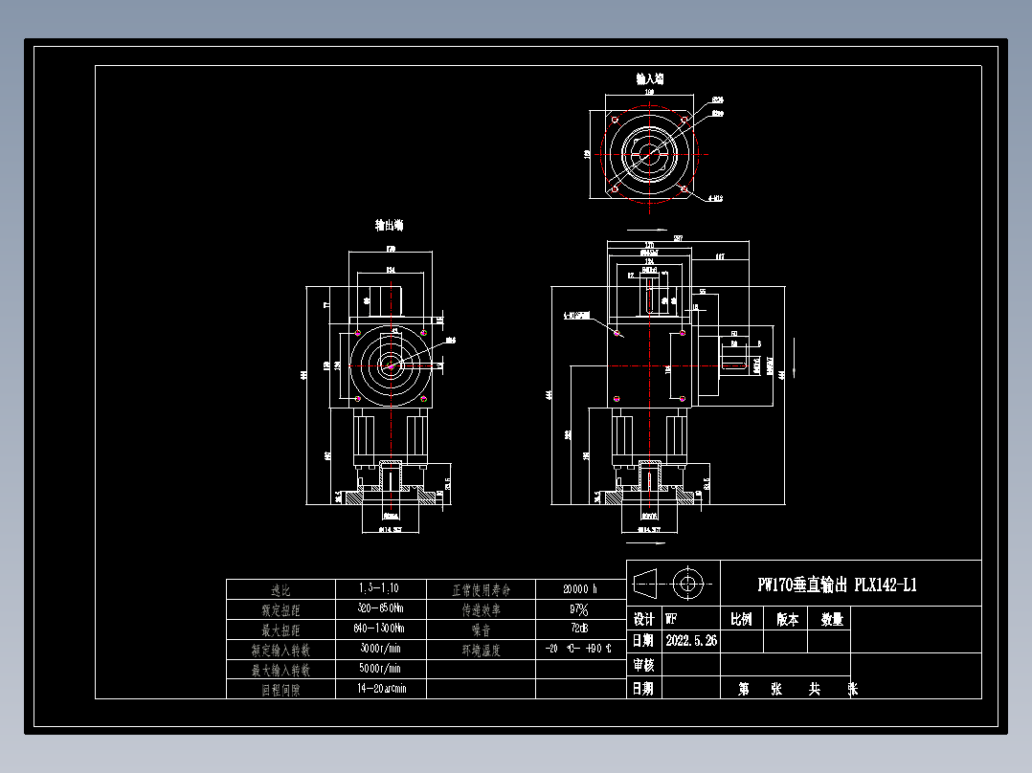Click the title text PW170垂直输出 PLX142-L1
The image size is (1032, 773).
(837, 585)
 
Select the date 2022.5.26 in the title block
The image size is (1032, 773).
(689, 641)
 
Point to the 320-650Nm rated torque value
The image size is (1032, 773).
(380, 608)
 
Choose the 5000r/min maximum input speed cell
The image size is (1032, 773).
(380, 669)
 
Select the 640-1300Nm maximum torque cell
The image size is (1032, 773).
(380, 629)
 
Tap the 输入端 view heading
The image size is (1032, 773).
(651, 78)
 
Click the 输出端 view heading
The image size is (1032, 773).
(389, 226)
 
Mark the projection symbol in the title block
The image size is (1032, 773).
(674, 582)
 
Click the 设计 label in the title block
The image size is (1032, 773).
(643, 619)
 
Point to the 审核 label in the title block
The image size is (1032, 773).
(643, 665)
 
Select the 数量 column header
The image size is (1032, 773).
(832, 619)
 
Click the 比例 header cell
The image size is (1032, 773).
(741, 619)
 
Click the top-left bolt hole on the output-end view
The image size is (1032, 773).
(357, 333)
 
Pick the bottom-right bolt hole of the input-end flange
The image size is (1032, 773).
(684, 189)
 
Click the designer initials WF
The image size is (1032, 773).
(671, 619)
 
